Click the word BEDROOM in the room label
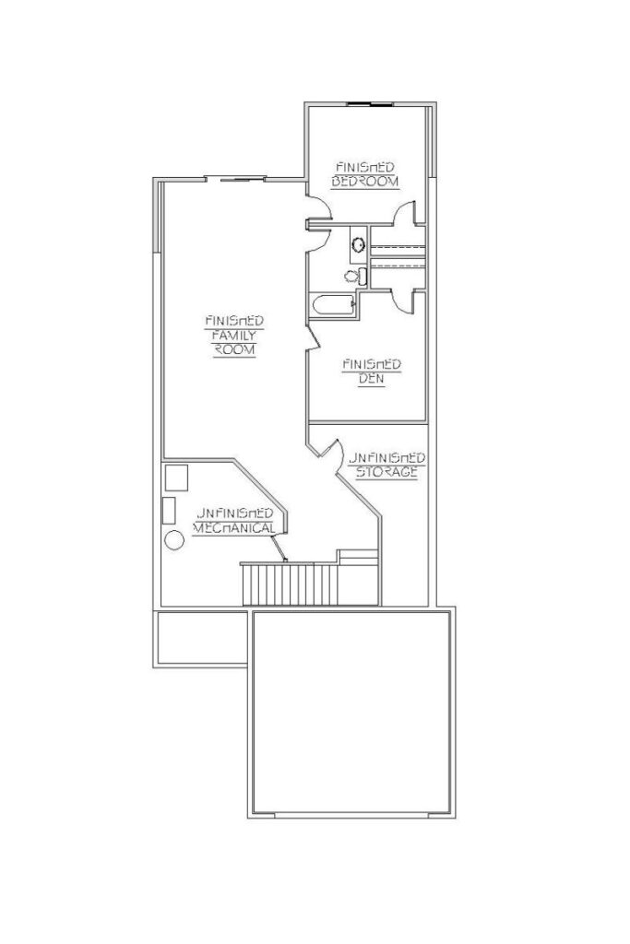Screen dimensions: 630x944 point(365,182)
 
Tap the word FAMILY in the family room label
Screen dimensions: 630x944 point(234,336)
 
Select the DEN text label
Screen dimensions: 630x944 point(371,379)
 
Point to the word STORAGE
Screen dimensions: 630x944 point(386,472)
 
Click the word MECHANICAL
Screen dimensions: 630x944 point(234,528)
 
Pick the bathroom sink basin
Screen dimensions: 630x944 point(358,244)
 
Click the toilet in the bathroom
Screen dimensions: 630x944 point(355,277)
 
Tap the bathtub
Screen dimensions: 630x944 point(332,304)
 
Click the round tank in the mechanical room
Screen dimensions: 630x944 point(174,540)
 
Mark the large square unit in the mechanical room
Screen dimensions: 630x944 point(176,477)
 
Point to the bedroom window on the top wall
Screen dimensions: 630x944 point(370,105)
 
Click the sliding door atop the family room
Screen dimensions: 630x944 point(235,178)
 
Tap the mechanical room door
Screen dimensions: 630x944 point(279,548)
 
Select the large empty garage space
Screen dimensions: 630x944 point(351,713)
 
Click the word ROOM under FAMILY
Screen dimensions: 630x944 point(234,349)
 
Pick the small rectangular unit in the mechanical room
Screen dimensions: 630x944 point(169,511)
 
